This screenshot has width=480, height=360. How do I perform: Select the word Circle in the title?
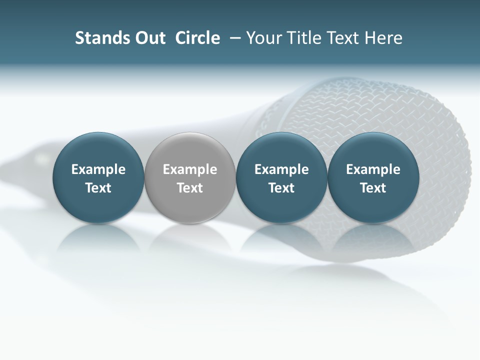[x=197, y=38]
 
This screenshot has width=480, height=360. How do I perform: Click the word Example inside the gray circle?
[x=190, y=169]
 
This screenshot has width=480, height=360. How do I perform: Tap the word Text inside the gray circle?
[x=190, y=188]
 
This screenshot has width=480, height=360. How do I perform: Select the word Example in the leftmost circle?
[x=98, y=169]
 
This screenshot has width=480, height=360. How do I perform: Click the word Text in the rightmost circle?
[x=373, y=188]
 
